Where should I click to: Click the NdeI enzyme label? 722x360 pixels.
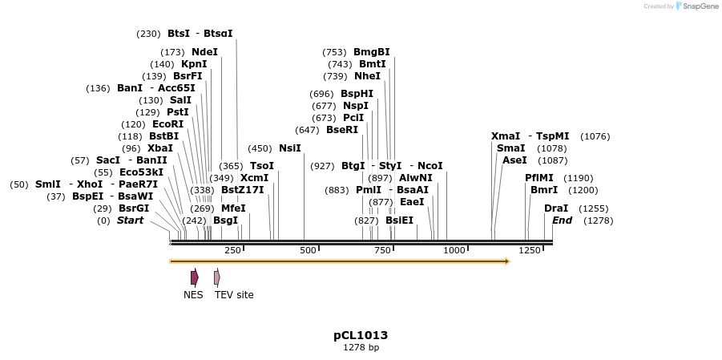click(x=204, y=52)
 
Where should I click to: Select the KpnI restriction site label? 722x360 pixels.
click(x=194, y=64)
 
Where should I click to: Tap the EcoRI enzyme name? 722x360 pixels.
click(x=167, y=124)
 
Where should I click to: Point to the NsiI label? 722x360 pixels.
click(x=290, y=148)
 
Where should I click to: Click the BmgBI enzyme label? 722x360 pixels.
click(x=372, y=52)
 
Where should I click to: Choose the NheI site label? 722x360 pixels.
click(x=367, y=76)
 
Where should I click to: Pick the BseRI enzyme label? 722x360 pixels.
click(x=342, y=130)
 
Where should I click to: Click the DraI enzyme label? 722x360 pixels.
click(x=556, y=208)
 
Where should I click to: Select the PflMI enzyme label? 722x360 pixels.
click(x=539, y=178)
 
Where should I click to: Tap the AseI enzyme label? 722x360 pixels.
click(x=514, y=160)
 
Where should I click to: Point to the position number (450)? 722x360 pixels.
click(x=260, y=148)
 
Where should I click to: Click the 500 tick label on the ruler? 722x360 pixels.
click(x=309, y=250)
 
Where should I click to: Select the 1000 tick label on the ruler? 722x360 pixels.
click(x=454, y=250)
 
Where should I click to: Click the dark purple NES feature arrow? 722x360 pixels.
click(x=195, y=277)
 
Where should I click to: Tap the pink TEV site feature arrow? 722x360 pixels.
click(x=217, y=277)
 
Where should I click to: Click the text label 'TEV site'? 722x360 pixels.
click(x=234, y=295)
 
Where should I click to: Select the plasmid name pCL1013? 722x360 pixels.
click(x=361, y=335)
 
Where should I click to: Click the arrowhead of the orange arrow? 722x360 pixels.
click(x=506, y=261)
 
